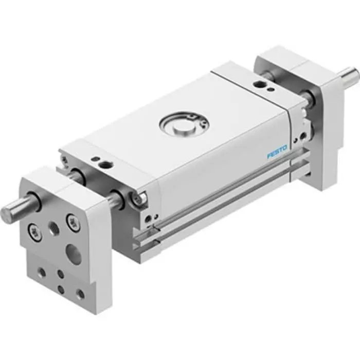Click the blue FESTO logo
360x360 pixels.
pyautogui.click(x=277, y=153)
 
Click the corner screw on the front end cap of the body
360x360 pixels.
pyautogui.click(x=139, y=196)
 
